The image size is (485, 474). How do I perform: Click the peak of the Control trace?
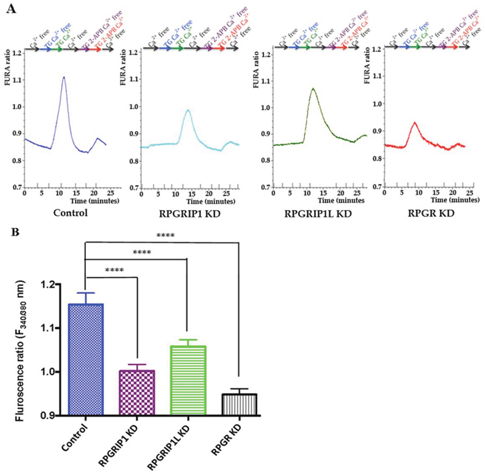(x=64, y=77)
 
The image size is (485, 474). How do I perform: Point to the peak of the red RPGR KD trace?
(x=414, y=123)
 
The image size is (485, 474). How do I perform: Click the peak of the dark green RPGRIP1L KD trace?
(x=313, y=89)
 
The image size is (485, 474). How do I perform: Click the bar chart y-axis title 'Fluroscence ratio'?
(x=27, y=350)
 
